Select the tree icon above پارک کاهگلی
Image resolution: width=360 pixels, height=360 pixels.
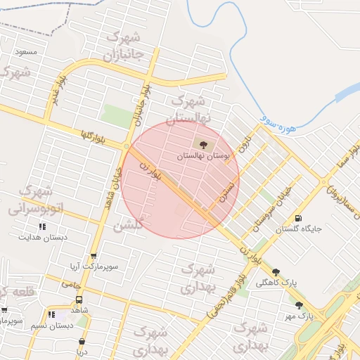pos(276,272)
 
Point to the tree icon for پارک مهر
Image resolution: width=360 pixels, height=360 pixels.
pos(300,305)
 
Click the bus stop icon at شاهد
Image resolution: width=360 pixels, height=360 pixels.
pos(79,298)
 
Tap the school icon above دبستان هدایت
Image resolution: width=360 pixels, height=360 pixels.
pos(43,227)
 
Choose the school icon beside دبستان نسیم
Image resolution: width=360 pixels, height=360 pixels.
pos(51,315)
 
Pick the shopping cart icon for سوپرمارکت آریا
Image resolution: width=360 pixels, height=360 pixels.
pos(94,256)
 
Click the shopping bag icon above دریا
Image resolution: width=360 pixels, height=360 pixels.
pos(82,342)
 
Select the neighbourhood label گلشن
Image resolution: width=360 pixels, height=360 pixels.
pos(129,226)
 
